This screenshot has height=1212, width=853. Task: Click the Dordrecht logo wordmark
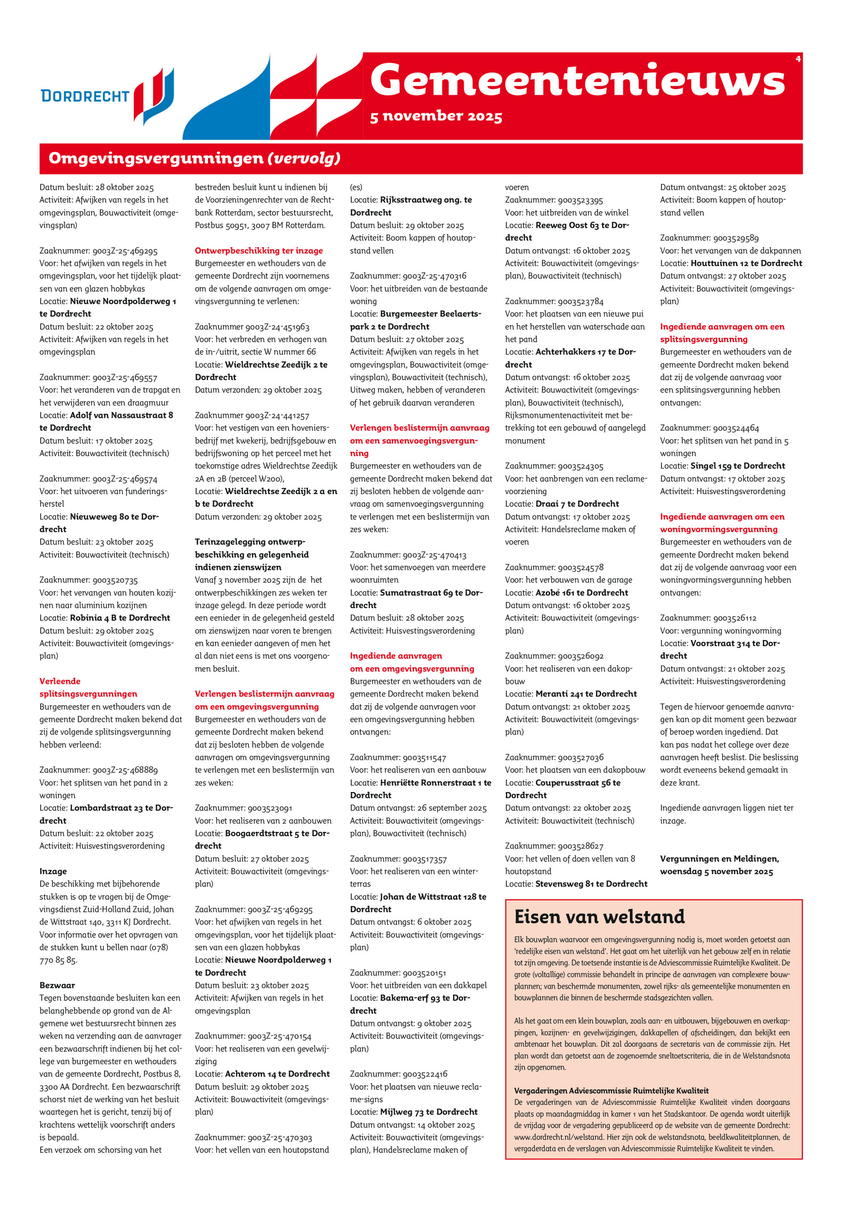point(85,96)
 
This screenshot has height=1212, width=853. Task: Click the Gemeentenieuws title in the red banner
point(577,80)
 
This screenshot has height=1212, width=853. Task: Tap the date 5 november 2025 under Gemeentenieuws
point(436,116)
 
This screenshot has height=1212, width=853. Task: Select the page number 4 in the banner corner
point(798,59)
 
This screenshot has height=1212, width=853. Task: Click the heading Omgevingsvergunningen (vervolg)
point(194,158)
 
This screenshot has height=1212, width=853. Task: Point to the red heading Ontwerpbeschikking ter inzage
point(259,251)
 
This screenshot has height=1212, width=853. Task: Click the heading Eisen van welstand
point(599,916)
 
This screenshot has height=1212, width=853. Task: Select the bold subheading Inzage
point(53,871)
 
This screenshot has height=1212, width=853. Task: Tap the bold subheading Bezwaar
point(57,985)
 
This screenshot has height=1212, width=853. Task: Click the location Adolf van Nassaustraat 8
point(121,415)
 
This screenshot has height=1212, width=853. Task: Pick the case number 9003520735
point(115,580)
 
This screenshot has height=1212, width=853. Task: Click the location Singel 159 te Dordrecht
point(737,466)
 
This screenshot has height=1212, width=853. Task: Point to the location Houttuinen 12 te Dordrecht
point(746,263)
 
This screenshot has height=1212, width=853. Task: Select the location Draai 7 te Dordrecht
point(577,504)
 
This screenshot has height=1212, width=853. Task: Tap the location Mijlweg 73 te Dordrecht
point(429,1112)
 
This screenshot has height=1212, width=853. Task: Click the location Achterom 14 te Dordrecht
point(277,1074)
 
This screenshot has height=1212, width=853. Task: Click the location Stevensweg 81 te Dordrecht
point(591,884)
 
